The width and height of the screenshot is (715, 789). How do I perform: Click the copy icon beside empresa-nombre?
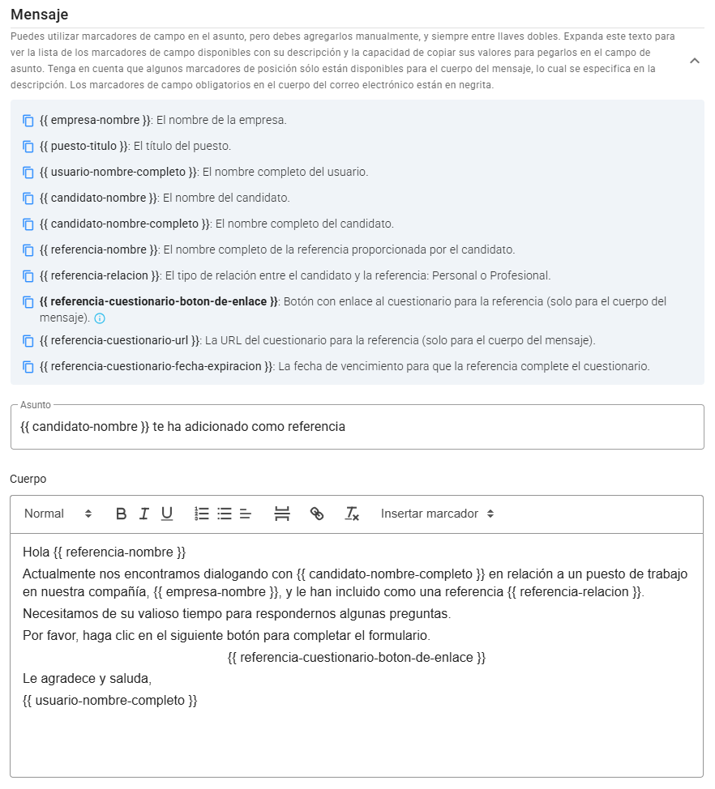coord(28,121)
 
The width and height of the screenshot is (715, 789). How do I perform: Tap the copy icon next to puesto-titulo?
coord(28,147)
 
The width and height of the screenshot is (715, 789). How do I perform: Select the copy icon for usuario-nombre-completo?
coord(28,173)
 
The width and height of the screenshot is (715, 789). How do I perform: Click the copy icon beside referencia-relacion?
coord(28,276)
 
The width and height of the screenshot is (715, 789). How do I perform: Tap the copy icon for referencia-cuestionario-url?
coord(28,341)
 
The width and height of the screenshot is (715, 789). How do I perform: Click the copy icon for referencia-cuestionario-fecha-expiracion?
coord(28,367)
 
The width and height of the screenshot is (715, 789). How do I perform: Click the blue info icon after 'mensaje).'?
coord(100,318)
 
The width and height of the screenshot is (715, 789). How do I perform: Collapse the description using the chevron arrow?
coord(695,61)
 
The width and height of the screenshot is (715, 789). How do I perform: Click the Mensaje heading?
coord(39,15)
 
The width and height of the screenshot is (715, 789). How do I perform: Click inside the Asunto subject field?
coord(357,427)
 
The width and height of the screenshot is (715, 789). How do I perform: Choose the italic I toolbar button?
coord(143,514)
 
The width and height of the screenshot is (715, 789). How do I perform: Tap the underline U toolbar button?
coord(166,514)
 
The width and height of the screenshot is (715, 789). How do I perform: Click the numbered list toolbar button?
coord(202,514)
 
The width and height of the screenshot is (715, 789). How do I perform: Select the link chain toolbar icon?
coord(317,514)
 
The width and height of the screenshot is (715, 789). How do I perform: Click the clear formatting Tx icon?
coord(352,514)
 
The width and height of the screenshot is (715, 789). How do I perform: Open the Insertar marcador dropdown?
coord(437,514)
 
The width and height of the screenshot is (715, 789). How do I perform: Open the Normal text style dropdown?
coord(58,514)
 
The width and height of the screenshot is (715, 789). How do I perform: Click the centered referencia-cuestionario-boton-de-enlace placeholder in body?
coord(357,657)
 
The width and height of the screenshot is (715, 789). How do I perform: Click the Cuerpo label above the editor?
coord(28,479)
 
